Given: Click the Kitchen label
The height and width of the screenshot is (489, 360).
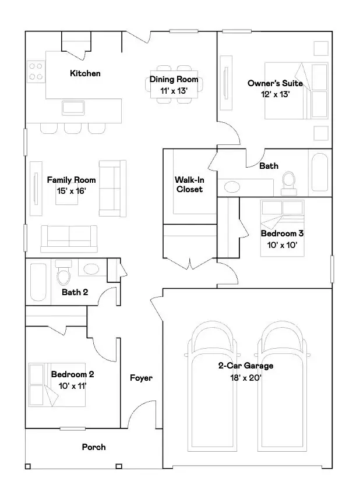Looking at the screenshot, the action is (x=85, y=73).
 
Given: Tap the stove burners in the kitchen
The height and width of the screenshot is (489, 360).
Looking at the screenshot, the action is (x=36, y=72).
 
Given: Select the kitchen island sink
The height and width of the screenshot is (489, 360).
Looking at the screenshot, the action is (x=73, y=108).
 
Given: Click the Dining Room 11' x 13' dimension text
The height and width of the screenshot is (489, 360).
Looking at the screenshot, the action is (x=174, y=91).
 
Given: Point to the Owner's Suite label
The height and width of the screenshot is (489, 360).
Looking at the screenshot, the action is (x=275, y=83).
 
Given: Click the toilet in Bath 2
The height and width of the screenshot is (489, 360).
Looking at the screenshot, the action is (x=63, y=272).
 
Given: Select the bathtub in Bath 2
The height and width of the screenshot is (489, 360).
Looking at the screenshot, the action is (x=38, y=282).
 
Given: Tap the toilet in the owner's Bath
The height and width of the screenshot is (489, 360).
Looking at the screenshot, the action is (x=288, y=183).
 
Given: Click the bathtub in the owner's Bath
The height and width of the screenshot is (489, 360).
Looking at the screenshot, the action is (x=320, y=172).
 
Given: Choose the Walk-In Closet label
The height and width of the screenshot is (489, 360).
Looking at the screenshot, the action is (x=189, y=185).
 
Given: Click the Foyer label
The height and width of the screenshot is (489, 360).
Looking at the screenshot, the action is (x=142, y=378).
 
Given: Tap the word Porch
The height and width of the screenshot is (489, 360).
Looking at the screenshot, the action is (x=94, y=447).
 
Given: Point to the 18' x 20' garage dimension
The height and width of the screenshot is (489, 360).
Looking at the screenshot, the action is (x=245, y=378).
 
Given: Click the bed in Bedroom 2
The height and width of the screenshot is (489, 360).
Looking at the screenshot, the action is (x=57, y=385).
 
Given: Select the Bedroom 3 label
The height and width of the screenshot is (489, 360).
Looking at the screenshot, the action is (x=282, y=233).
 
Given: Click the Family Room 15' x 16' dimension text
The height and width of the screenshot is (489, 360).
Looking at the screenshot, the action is (x=72, y=191).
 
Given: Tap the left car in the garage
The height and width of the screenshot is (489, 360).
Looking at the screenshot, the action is (x=212, y=386).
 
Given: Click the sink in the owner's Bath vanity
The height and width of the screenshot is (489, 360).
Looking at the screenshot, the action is (x=232, y=187).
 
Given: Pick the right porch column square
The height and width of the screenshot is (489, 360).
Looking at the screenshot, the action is (x=119, y=466).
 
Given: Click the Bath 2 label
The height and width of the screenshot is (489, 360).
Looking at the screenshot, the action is (x=75, y=292).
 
